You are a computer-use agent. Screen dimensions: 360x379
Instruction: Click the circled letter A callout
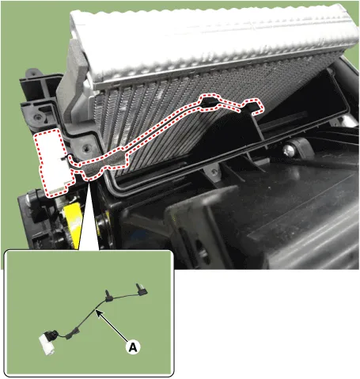pyautogui.click(x=133, y=347)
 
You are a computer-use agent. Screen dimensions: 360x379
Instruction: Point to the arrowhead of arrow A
pyautogui.click(x=98, y=313)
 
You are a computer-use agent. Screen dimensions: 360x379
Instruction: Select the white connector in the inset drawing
pyautogui.click(x=47, y=345)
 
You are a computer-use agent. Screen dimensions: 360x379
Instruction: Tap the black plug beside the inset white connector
pyautogui.click(x=51, y=335)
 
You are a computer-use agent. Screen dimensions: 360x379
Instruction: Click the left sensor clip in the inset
pyautogui.click(x=108, y=296)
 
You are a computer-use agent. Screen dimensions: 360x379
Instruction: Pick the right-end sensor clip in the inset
pyautogui.click(x=142, y=289)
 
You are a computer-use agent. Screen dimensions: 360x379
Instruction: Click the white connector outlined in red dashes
pyautogui.click(x=55, y=163)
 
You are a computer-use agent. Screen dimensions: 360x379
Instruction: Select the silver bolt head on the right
pyautogui.click(x=290, y=151)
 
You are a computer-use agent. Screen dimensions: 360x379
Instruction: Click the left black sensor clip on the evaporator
pyautogui.click(x=210, y=102)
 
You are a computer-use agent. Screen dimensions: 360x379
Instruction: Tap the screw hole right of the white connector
pyautogui.click(x=85, y=149)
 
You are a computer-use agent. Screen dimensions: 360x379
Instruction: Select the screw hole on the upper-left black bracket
pyautogui.click(x=39, y=117)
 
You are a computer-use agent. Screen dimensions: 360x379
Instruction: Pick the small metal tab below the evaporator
pyautogui.click(x=213, y=172)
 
